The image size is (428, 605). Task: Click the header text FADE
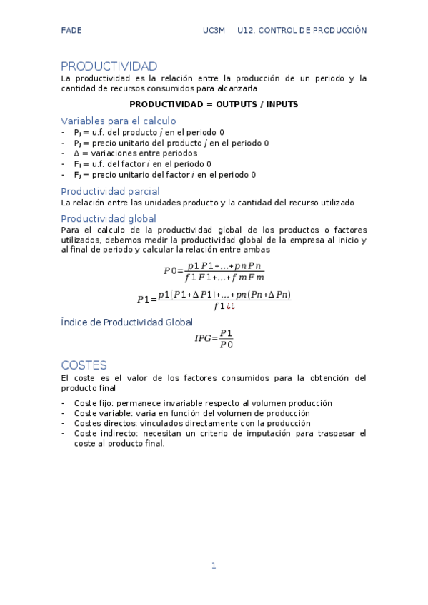pos(71,31)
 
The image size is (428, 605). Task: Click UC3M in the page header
pos(214,31)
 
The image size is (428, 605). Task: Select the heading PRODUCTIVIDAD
pos(109,66)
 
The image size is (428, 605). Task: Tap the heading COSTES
pos(84,365)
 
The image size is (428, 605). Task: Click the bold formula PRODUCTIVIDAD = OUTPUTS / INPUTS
pos(214,104)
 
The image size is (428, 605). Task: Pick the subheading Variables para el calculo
pos(119,121)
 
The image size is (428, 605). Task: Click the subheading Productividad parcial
pos(110,191)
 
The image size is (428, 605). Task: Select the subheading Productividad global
pos(109,218)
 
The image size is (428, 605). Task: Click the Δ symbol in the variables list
pos(76,153)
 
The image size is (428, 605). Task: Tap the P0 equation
pos(214,271)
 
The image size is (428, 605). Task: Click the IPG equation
pos(214,338)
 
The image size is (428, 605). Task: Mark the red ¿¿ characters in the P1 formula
pos(231,307)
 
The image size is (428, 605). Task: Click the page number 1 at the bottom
pos(214,566)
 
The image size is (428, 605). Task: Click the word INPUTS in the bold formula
pos(282,104)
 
